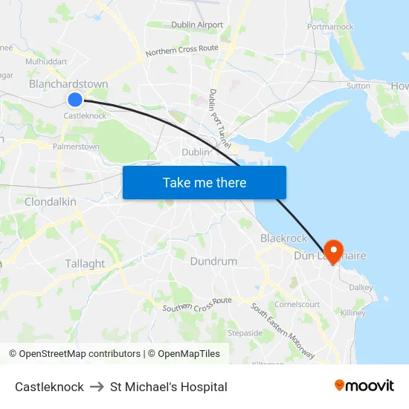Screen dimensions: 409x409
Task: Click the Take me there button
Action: pyautogui.click(x=204, y=182)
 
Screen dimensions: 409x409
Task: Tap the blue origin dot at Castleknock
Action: pyautogui.click(x=74, y=99)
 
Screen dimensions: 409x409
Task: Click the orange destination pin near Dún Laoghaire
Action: pyautogui.click(x=332, y=251)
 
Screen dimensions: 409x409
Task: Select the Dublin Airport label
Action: pyautogui.click(x=197, y=25)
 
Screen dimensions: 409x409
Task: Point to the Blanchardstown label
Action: pyautogui.click(x=68, y=84)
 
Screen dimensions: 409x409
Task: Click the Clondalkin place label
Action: pyautogui.click(x=51, y=202)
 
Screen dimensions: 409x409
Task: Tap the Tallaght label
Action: pyautogui.click(x=85, y=263)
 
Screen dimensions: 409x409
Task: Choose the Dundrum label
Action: pyautogui.click(x=213, y=261)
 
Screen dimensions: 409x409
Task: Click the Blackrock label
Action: pyautogui.click(x=283, y=238)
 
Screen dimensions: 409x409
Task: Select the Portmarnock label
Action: pyautogui.click(x=330, y=27)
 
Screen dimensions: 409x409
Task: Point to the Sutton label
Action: pyautogui.click(x=358, y=86)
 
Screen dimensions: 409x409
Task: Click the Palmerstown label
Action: pyautogui.click(x=76, y=146)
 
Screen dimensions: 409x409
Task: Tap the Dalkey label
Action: pyautogui.click(x=361, y=287)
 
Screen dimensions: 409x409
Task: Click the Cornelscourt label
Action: pyautogui.click(x=297, y=304)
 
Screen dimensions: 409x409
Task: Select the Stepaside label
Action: pyautogui.click(x=245, y=332)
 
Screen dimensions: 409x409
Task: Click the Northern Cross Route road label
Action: pyautogui.click(x=181, y=51)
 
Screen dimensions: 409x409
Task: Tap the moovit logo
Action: pyautogui.click(x=364, y=386)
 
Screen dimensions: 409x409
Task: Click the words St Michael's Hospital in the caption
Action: pyautogui.click(x=169, y=387)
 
